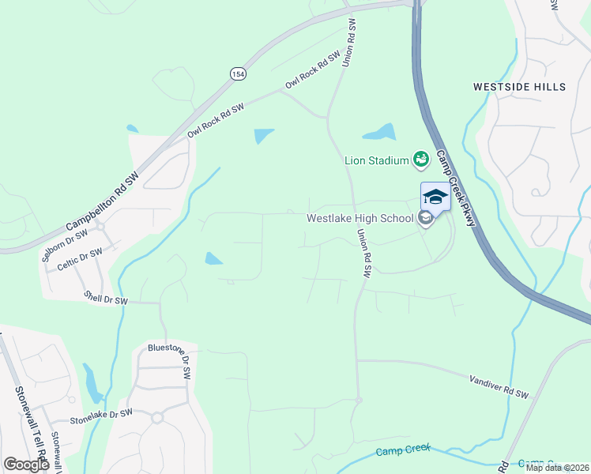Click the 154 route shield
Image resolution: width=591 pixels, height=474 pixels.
coord(238,73)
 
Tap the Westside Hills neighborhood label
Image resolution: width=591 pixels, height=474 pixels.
coord(519,86)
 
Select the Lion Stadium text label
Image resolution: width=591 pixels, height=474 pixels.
coord(376,160)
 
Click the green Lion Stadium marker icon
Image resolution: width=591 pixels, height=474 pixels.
coord(421,160)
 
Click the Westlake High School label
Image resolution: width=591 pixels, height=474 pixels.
coord(359,218)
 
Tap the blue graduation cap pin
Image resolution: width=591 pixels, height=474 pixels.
coord(435,196)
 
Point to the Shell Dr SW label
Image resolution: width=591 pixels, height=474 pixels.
coord(106,299)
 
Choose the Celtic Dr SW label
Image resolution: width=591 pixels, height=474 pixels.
coord(80,259)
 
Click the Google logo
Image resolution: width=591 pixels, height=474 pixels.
coord(27,464)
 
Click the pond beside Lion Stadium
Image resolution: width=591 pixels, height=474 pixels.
coord(379,132)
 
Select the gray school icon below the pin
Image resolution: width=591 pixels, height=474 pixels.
coord(426,219)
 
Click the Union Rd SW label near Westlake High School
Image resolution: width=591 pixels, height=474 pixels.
coord(363,253)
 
